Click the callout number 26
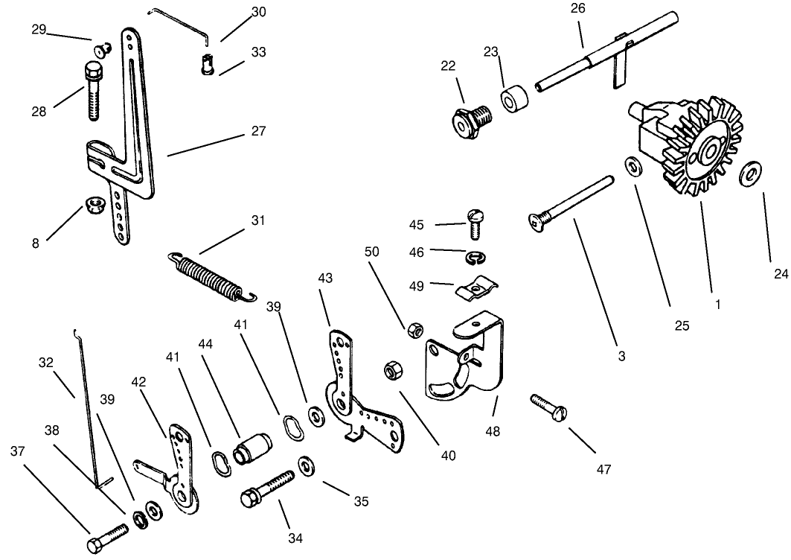[578, 9]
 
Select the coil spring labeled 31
[211, 276]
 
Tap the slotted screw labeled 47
[550, 407]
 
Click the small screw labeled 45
[475, 221]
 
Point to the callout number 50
[371, 252]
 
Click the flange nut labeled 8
[94, 203]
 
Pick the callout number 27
[257, 130]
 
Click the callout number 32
[46, 363]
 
